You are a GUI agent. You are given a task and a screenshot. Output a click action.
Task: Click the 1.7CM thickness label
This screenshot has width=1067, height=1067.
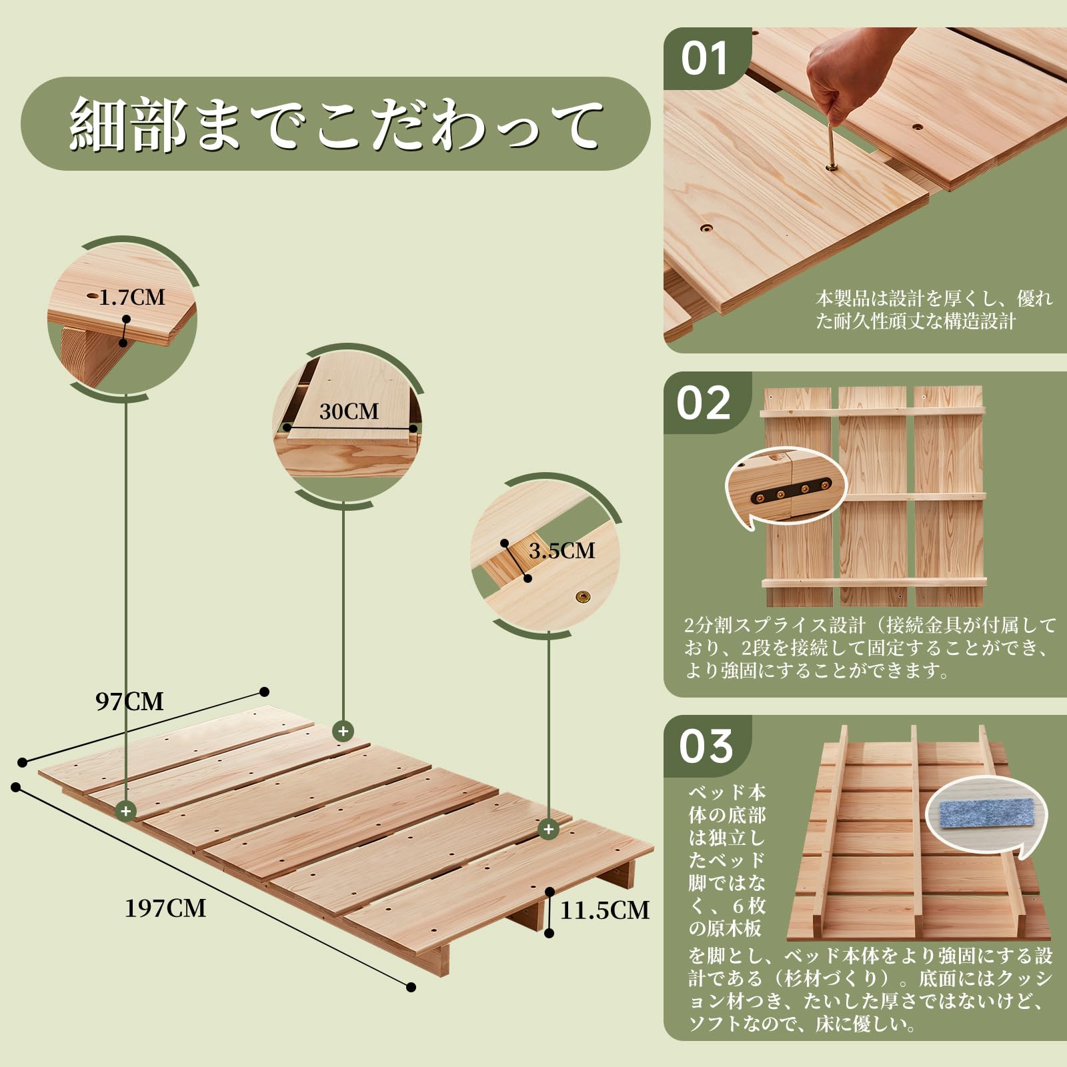(x=132, y=297)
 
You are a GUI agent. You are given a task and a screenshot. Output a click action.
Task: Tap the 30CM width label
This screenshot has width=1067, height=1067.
(x=349, y=411)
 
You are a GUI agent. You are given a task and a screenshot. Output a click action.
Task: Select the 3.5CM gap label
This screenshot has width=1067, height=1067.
(x=562, y=551)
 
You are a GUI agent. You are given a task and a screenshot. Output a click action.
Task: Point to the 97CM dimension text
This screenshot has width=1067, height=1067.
(x=129, y=702)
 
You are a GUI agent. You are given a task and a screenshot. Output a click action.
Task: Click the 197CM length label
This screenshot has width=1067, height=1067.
(x=165, y=908)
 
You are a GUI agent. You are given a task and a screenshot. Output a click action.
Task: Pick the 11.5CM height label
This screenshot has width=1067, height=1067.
(x=604, y=910)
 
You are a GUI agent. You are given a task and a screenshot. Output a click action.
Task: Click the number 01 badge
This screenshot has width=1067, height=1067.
(x=704, y=59)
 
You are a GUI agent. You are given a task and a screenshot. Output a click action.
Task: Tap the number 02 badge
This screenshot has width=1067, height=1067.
(x=704, y=403)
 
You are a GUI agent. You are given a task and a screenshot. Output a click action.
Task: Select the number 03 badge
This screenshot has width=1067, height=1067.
(x=706, y=746)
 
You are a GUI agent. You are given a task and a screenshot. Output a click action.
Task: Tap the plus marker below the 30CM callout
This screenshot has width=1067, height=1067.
(x=343, y=731)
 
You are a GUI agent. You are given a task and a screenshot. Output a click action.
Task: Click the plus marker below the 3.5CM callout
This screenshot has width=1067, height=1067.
(x=548, y=829)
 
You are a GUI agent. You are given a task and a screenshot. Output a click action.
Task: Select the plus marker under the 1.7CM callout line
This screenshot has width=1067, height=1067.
(x=126, y=811)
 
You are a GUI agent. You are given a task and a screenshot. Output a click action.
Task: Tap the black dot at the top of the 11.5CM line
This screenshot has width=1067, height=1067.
(x=550, y=892)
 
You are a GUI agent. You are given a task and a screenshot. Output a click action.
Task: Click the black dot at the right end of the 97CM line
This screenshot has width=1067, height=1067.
(x=264, y=692)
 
